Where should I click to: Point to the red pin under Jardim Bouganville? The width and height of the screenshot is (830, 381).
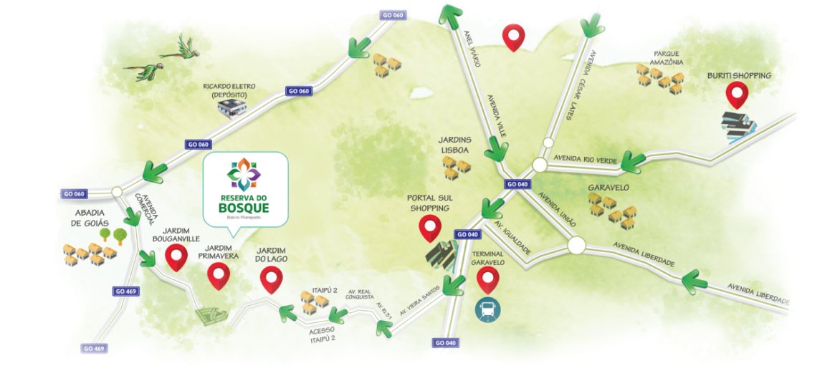coord(176,258)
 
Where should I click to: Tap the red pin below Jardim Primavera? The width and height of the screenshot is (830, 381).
coord(218,275)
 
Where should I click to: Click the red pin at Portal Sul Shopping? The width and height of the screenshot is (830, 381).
coord(430,227)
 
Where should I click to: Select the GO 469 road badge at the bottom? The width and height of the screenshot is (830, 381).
coord(94,349)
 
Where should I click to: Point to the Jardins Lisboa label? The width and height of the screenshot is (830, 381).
coord(454,145)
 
